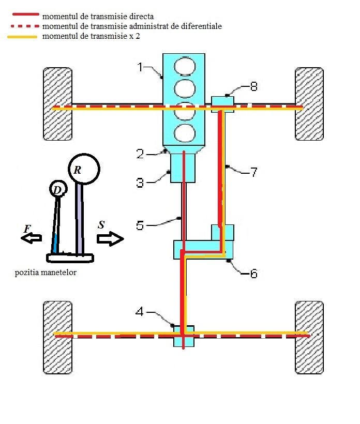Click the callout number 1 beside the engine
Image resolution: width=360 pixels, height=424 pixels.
pos(140,67)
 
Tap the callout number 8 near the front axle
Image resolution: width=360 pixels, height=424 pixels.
pos(253,86)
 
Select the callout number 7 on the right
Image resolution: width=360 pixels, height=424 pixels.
pos(253,172)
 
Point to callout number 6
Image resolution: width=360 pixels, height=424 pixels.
pos(253,274)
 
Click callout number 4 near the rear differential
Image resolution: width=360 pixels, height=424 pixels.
pos(139,312)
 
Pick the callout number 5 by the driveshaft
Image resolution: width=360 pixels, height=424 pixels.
pos(140,225)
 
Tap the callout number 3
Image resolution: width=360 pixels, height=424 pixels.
pos(140,183)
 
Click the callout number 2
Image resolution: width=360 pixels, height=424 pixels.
pos(140,154)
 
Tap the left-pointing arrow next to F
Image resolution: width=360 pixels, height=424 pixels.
pos(32,238)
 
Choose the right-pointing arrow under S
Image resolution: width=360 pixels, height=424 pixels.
pos(110,239)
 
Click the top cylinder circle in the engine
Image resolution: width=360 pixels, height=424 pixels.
pos(185,66)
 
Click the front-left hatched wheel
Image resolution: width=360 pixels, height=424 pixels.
pos(57,104)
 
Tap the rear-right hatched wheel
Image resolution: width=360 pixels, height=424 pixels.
pos(309,338)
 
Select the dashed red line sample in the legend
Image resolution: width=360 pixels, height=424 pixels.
pos(25,26)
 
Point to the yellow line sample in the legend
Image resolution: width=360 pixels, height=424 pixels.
pos(22,37)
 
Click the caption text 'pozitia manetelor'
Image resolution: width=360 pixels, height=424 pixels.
pos(46,272)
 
